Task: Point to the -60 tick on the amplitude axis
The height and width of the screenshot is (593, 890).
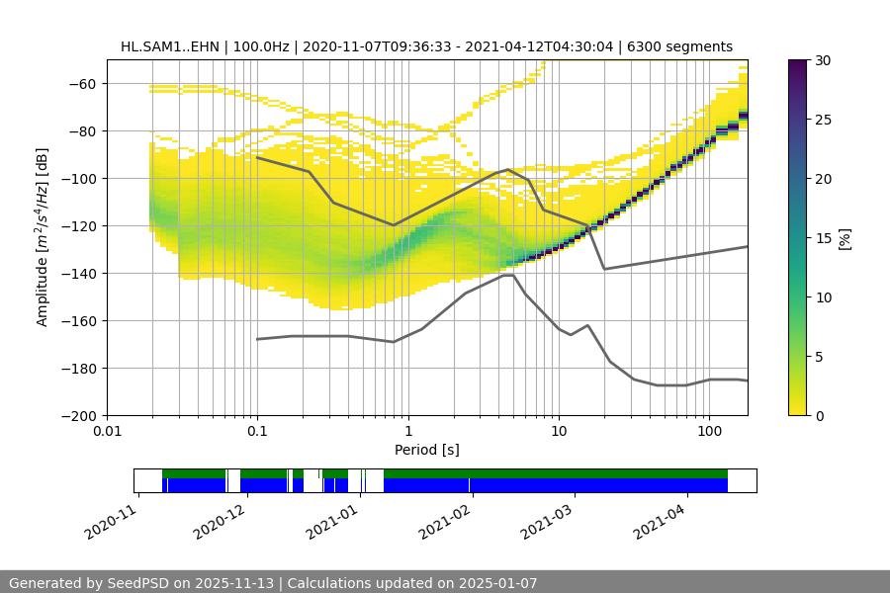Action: (81, 83)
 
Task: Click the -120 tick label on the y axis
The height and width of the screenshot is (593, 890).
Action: (77, 225)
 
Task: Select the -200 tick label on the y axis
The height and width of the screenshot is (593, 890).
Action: (77, 415)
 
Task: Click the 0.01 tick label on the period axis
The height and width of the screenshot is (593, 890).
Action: (107, 432)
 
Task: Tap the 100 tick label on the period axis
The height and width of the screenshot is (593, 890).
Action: (708, 432)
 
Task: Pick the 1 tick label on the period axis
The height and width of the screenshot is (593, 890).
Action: (407, 432)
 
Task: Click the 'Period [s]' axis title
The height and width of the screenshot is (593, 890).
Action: (426, 450)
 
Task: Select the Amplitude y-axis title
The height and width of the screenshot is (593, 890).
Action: (43, 237)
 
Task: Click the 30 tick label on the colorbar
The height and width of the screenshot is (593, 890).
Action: (823, 60)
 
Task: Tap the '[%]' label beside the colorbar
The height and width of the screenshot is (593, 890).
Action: (845, 238)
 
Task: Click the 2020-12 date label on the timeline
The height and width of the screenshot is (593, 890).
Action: (217, 515)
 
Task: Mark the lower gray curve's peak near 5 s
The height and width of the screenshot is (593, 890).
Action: (507, 276)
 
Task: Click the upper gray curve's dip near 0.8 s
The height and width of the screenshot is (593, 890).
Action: (394, 225)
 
